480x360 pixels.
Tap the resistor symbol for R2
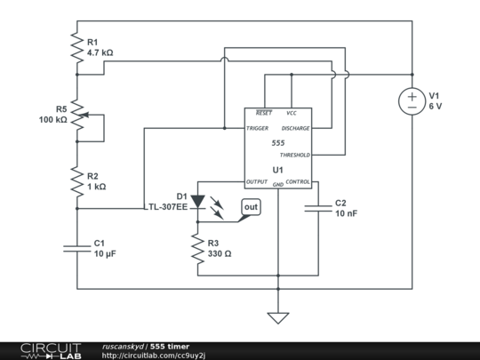coord(77,181)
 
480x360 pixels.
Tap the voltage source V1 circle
coord(412,101)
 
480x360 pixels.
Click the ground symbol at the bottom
coord(278,317)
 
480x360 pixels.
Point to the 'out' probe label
coord(252,207)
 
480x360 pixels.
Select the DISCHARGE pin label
coord(295,128)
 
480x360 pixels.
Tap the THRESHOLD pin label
coord(294,155)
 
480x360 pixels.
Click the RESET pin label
coord(264,114)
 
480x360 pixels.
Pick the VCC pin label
coord(292,114)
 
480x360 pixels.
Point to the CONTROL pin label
coord(297,182)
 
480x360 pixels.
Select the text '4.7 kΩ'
coord(100,53)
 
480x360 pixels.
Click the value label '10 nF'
coord(348,214)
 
